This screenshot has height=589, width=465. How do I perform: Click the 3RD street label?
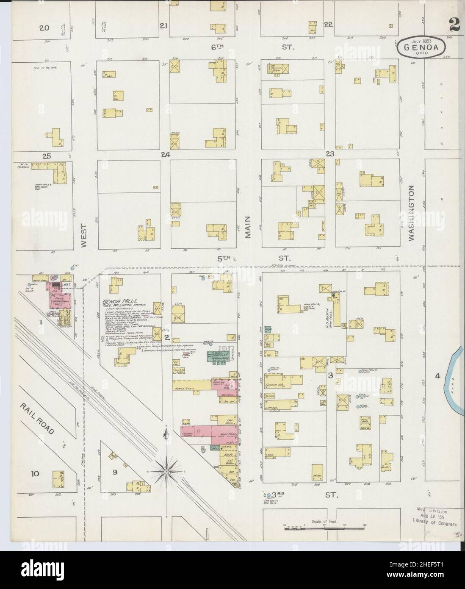point(277,495)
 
